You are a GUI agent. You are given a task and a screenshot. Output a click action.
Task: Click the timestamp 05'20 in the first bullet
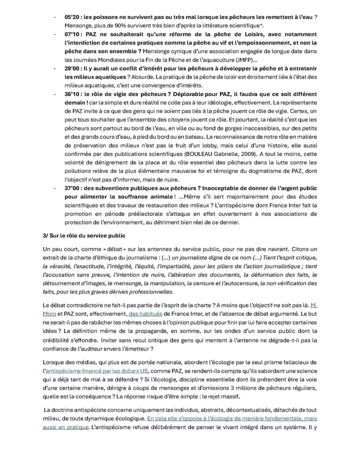pos(72,17)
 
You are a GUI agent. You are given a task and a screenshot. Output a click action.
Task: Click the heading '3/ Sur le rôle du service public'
pos(84,235)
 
